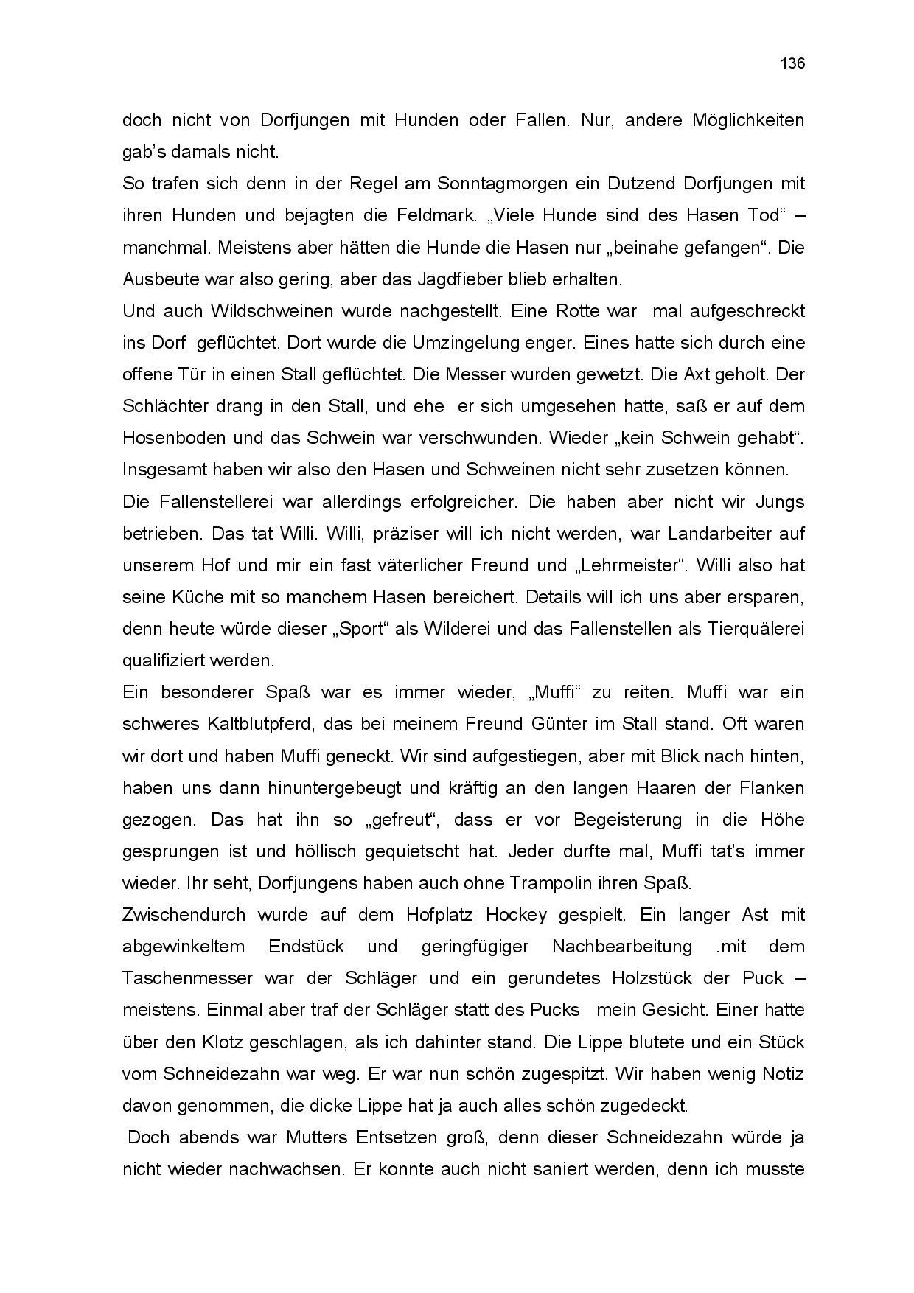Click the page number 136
pyautogui.click(x=792, y=63)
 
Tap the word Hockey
pyautogui.click(x=516, y=915)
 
